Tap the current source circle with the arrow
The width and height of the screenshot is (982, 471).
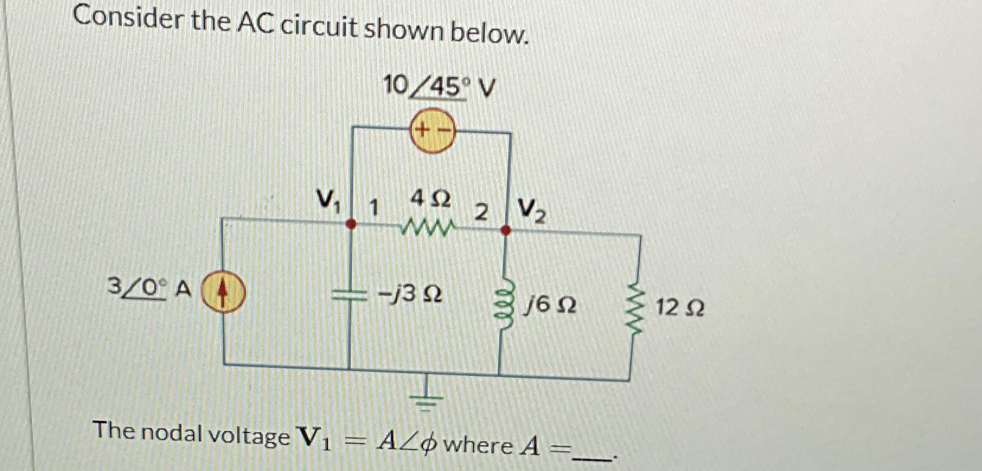click(x=222, y=294)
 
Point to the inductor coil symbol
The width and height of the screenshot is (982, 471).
click(x=504, y=301)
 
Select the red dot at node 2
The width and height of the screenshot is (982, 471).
click(x=506, y=230)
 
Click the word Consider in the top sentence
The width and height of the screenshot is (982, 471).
click(x=127, y=21)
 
